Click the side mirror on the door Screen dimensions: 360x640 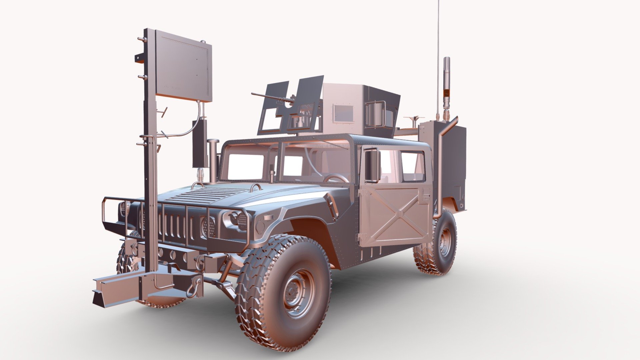[x=372, y=165]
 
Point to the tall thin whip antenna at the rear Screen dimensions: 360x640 [x=438, y=50]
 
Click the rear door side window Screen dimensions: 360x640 [x=412, y=167]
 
